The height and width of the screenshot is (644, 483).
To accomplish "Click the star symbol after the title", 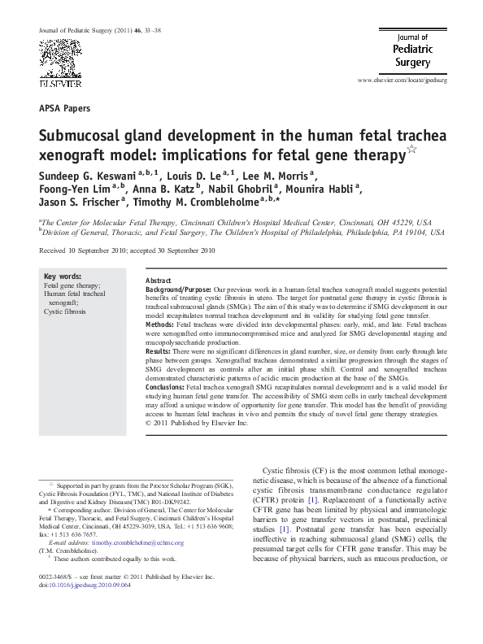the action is [414, 151].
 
